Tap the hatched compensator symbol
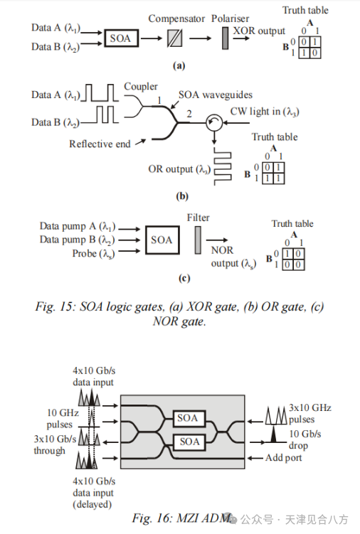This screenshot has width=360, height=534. [174, 38]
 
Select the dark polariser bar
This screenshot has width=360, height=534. [225, 38]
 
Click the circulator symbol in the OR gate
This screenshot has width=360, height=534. [214, 122]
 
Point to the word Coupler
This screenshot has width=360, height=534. [140, 87]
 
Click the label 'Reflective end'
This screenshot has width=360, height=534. [100, 144]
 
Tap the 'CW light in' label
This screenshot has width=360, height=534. [265, 112]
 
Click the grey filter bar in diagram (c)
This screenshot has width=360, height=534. [198, 240]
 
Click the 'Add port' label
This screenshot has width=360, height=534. [284, 458]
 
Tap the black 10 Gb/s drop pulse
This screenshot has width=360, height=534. [273, 434]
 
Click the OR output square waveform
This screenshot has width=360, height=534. [222, 166]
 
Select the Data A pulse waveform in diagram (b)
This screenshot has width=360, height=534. [100, 93]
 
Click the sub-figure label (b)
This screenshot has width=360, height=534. [182, 196]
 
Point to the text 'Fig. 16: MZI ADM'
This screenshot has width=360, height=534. [182, 518]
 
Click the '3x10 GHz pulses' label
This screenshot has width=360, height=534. [310, 413]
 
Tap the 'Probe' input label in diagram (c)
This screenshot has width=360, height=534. [93, 254]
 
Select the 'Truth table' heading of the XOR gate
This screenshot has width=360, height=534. [305, 10]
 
